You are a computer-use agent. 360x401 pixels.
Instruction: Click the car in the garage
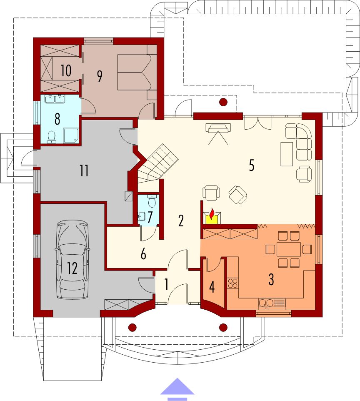[72, 260]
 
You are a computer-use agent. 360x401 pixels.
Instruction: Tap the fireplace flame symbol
[212, 214]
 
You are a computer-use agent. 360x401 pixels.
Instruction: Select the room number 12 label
[72, 268]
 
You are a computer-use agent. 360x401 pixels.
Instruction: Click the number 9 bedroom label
[100, 76]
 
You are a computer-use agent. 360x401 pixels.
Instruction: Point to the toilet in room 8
[52, 137]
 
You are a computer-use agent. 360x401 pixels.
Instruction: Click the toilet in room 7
[152, 201]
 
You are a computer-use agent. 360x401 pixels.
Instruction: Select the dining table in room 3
[288, 249]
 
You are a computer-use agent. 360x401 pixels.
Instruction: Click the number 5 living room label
[252, 166]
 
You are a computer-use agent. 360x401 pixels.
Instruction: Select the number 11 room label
[84, 171]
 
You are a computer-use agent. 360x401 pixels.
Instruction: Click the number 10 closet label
[66, 70]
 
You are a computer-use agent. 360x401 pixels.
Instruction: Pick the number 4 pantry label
[212, 287]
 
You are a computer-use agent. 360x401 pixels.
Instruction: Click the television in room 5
[218, 128]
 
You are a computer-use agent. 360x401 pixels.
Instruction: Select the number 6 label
[143, 254]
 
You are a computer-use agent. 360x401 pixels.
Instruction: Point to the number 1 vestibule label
[166, 285]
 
